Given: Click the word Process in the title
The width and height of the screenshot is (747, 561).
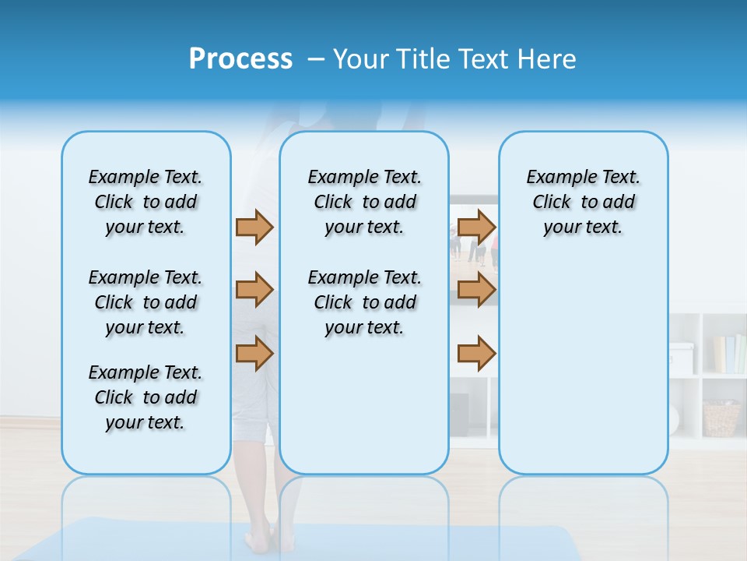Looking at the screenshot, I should click(x=240, y=59).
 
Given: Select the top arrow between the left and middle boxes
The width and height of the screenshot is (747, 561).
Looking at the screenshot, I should click(x=254, y=227).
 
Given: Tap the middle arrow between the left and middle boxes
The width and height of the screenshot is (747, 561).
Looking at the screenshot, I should click(x=254, y=290).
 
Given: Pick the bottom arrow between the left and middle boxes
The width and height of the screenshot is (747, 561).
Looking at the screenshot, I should click(x=254, y=353).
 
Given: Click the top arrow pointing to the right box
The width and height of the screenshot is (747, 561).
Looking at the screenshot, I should click(x=476, y=227).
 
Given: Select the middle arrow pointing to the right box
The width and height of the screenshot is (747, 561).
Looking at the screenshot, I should click(x=476, y=290).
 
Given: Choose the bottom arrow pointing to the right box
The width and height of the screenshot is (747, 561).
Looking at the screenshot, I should click(x=476, y=353).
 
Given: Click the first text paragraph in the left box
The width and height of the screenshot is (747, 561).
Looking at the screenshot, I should click(x=146, y=202).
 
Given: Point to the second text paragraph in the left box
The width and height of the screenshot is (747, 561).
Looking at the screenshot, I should click(x=146, y=302).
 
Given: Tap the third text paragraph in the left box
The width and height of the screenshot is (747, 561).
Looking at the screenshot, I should click(x=146, y=397).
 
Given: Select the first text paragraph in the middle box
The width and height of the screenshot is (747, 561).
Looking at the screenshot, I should click(x=364, y=202).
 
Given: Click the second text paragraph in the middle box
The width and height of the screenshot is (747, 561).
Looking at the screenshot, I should click(x=364, y=302).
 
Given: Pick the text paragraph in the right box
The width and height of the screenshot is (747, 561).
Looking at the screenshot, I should click(x=584, y=202).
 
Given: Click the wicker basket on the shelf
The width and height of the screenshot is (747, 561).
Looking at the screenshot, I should click(x=721, y=418).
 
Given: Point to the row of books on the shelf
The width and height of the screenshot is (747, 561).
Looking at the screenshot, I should click(x=728, y=355).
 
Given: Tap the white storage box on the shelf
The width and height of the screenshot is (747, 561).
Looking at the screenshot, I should click(x=681, y=358).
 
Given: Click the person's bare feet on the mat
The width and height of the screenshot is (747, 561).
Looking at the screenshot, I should click(x=261, y=538).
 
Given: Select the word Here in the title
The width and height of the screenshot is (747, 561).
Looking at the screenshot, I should click(x=548, y=59).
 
